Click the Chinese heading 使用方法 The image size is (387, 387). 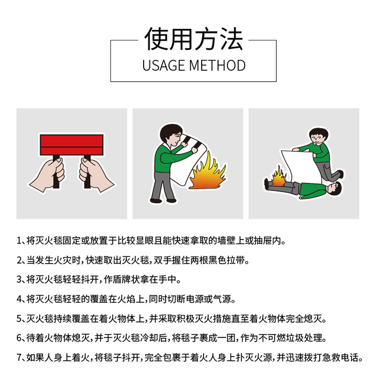pos(194,39)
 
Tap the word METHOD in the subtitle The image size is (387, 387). pos(217,66)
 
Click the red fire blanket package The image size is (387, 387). pos(72,145)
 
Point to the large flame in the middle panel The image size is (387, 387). pos(208,172)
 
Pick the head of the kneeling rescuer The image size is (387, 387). pos(319,136)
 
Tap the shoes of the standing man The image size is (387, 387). pos(164,200)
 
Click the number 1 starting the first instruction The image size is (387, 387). pos(19,240)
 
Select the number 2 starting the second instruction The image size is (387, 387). pos(19,260)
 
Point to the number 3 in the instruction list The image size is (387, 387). pos(19,280)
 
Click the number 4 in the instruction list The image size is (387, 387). pos(19,299)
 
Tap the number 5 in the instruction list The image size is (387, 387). pos(19,319)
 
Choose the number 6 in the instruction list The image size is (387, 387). pos(19,338)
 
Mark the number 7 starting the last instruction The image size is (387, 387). pos(19,357)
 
